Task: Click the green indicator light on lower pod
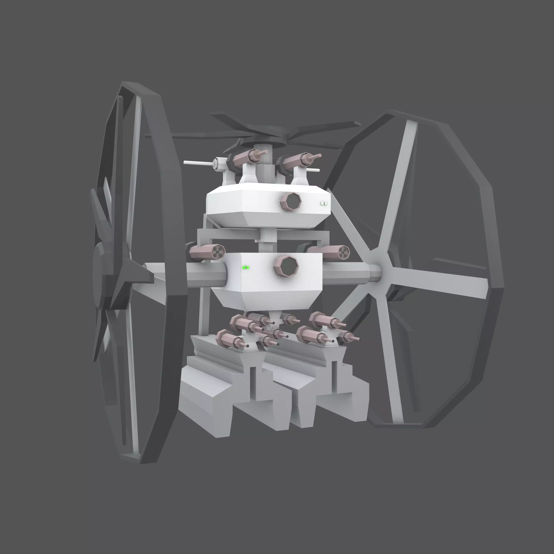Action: [245, 268]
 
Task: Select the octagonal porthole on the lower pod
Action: [286, 266]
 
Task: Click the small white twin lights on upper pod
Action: [324, 204]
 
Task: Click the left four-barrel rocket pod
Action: [207, 252]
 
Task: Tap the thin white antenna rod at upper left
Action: [198, 163]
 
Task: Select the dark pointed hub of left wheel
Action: [135, 275]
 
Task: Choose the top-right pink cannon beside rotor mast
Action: [298, 160]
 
